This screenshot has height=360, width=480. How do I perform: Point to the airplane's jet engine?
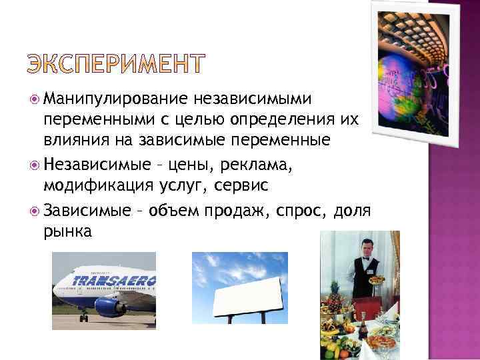click(109, 305)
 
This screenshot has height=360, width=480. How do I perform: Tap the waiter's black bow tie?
click(363, 259)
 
